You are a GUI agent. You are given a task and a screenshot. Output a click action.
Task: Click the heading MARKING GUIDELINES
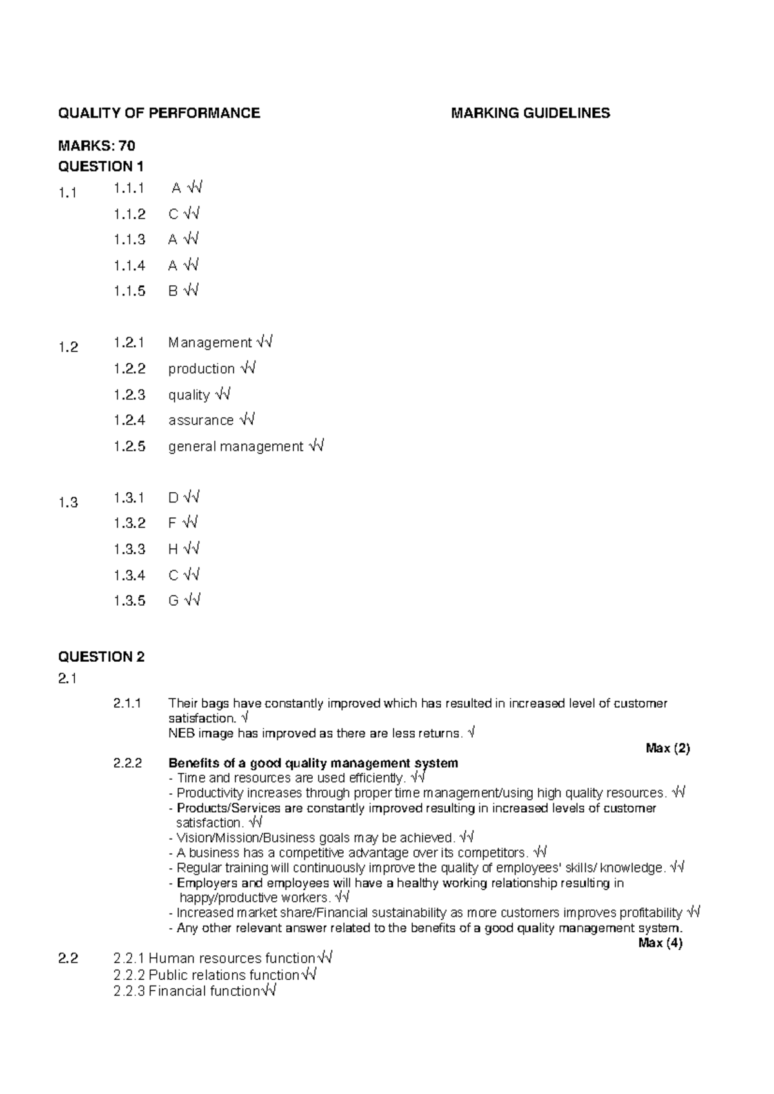tap(530, 114)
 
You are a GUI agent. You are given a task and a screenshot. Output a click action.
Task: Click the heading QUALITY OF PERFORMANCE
tap(159, 114)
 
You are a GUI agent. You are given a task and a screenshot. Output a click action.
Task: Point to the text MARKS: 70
tap(97, 146)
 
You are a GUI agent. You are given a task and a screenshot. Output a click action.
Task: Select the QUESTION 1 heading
tap(101, 166)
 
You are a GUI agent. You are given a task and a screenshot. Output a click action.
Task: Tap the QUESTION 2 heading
tap(101, 657)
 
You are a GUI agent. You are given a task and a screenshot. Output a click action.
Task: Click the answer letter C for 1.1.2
tap(173, 214)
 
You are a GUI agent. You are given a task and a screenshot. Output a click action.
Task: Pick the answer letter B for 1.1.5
tap(173, 292)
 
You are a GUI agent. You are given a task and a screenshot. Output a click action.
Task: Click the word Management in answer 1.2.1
tap(210, 343)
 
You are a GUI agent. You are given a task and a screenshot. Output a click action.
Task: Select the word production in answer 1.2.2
tap(201, 369)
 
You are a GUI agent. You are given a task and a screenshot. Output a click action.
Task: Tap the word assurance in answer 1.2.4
tap(201, 421)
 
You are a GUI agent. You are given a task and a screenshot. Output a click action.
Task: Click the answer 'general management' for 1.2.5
tap(235, 446)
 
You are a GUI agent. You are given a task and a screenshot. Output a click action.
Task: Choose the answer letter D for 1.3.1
tap(173, 498)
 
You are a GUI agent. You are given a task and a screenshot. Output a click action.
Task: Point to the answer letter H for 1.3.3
tap(173, 550)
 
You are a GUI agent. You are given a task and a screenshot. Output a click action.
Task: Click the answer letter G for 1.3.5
tap(173, 601)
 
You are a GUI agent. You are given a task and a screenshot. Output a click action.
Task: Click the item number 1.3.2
tap(130, 523)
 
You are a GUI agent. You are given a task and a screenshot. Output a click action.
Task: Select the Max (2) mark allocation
tap(668, 748)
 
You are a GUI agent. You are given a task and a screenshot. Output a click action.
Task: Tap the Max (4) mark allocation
tap(660, 943)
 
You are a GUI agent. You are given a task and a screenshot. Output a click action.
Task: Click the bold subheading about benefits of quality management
tap(313, 763)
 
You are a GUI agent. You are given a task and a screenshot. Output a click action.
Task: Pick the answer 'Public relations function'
tap(224, 975)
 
